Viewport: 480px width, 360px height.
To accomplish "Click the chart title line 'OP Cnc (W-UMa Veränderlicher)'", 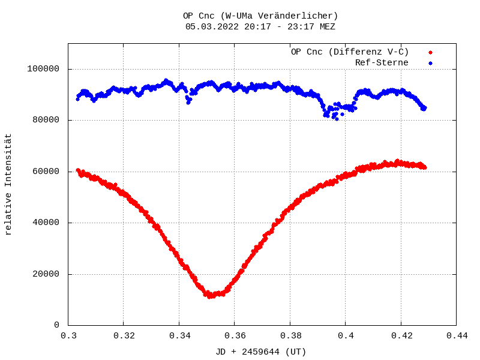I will (260, 16).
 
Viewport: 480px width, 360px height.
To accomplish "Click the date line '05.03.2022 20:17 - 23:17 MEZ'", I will (260, 26).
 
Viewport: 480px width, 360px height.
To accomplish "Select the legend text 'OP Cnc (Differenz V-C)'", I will (350, 52).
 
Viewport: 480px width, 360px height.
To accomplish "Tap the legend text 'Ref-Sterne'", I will (382, 62).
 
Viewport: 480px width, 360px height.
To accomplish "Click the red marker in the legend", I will (430, 52).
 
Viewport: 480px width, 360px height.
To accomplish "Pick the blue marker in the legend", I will (430, 63).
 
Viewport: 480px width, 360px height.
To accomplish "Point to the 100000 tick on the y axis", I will (43, 69).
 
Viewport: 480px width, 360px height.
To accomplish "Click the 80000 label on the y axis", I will (46, 120).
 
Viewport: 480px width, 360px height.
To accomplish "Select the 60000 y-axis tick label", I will (46, 172).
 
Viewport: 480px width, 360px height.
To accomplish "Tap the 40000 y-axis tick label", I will (46, 223).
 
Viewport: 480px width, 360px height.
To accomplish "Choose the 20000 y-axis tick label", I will (46, 274).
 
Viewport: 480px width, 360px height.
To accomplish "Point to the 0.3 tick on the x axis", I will (68, 337).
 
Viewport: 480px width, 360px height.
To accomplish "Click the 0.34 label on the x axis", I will (179, 337).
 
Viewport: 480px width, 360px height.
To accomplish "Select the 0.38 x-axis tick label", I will (290, 337).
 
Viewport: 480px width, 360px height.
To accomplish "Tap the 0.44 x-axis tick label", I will (456, 337).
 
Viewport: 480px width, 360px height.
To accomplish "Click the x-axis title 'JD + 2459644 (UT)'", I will (261, 352).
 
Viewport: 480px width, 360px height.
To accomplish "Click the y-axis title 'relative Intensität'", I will (8, 184).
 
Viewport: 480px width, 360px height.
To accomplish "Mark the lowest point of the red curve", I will (210, 296).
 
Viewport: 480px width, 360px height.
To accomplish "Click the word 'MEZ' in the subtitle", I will (328, 26).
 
